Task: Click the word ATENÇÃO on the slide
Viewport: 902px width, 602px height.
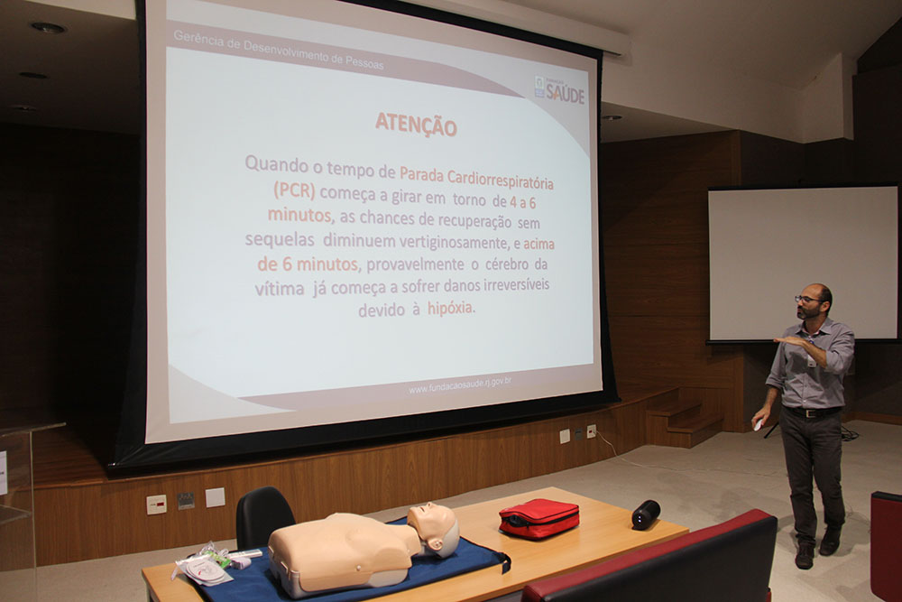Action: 416,125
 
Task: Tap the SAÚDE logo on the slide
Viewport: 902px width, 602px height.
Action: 560,91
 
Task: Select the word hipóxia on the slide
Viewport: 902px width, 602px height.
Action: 451,308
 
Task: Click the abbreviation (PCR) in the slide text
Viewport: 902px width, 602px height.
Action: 295,190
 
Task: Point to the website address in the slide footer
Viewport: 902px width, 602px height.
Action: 460,384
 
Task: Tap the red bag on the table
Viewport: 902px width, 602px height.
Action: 539,518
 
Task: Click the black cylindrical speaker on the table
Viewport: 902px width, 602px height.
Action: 646,514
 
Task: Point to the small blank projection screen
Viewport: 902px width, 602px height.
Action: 803,263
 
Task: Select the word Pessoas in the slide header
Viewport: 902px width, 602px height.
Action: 364,62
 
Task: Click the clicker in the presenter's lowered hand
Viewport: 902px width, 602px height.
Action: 759,424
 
